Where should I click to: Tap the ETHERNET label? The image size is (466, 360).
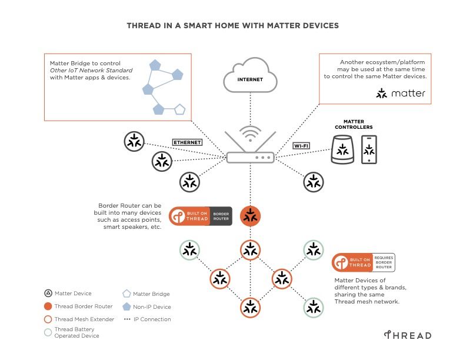[187, 142]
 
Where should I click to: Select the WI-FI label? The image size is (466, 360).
[302, 145]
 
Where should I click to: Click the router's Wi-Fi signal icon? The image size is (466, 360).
[251, 133]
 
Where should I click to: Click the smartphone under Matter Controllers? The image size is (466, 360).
[369, 149]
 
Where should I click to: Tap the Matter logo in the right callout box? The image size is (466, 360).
[401, 94]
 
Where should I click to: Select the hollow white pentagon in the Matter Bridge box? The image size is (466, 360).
[179, 109]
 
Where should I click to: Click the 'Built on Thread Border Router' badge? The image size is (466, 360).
[201, 216]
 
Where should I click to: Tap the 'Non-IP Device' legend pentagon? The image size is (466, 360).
[127, 306]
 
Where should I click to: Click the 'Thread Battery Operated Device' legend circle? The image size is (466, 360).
[48, 332]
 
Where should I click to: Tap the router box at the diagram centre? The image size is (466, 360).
[251, 157]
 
